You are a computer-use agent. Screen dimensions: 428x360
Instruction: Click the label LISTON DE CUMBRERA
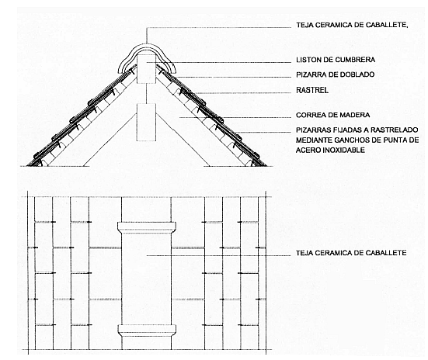tap(336, 60)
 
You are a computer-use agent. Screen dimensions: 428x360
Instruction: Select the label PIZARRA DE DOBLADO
tap(336, 74)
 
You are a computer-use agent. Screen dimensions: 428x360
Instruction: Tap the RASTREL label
tap(312, 90)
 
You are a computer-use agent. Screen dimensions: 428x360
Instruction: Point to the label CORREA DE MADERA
tap(333, 115)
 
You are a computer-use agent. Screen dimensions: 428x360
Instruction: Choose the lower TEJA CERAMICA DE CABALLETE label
tap(351, 253)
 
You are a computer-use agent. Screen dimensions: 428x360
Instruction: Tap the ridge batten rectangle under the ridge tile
tap(146, 68)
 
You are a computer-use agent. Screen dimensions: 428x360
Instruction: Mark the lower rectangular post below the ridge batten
tap(146, 122)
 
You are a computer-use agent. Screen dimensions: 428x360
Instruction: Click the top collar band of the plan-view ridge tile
tap(147, 226)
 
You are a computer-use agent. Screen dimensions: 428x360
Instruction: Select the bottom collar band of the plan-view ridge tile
tap(147, 330)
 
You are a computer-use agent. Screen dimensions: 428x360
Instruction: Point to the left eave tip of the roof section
tap(27, 166)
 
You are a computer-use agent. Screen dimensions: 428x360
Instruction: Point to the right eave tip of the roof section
tap(266, 166)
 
